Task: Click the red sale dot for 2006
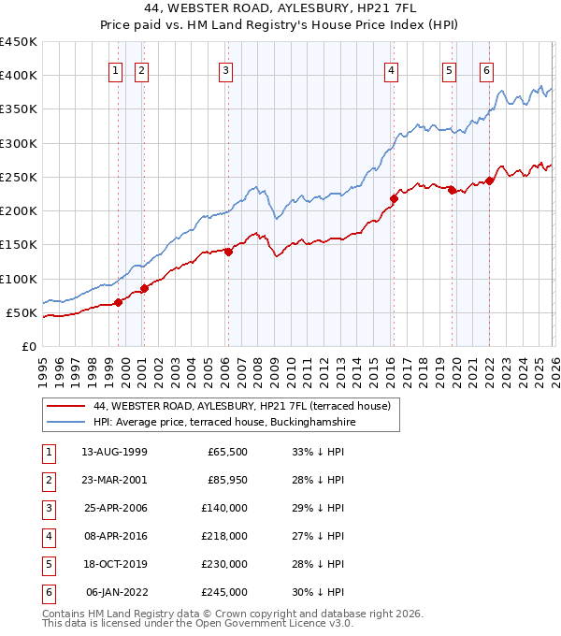[x=228, y=251]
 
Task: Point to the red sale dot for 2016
[x=394, y=198]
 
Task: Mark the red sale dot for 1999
[x=119, y=301]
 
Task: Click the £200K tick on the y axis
[x=18, y=210]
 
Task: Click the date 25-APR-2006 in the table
[x=115, y=508]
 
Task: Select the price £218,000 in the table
[x=224, y=536]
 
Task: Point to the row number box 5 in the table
[x=47, y=564]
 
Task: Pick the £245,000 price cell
[x=224, y=592]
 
